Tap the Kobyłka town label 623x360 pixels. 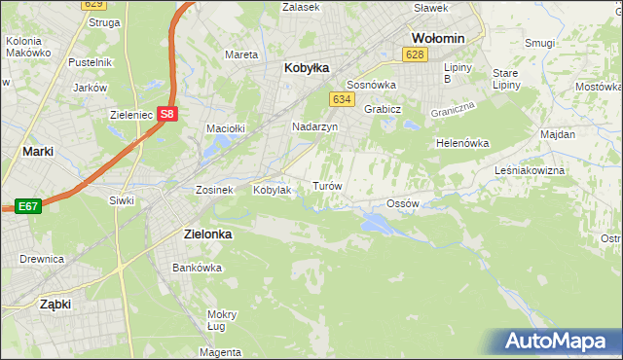[x=306, y=68]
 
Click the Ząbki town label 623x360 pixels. [x=55, y=304]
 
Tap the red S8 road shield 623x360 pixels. [x=167, y=113]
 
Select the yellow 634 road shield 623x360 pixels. [x=341, y=99]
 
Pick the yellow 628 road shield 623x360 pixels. [x=416, y=54]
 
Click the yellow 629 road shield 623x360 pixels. [x=92, y=5]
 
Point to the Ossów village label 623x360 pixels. [x=402, y=203]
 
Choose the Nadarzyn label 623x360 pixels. [x=314, y=126]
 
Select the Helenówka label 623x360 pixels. [x=461, y=142]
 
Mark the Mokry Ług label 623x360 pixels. [x=222, y=320]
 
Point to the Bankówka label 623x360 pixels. [x=192, y=267]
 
